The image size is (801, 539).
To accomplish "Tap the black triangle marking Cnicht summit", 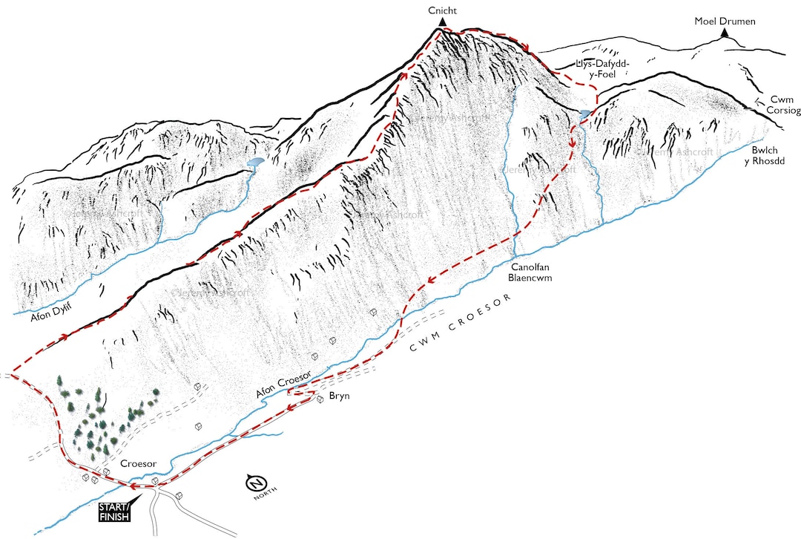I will [x=441, y=23].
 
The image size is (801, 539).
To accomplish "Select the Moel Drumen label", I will [x=725, y=22].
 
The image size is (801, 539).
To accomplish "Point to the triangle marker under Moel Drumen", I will [x=724, y=33].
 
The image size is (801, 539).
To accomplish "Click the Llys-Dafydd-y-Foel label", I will [x=602, y=68].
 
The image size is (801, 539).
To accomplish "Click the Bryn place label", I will [x=339, y=396].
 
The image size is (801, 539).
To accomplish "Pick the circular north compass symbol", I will [x=255, y=483].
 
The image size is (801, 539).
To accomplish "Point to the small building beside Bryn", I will [x=320, y=399].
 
